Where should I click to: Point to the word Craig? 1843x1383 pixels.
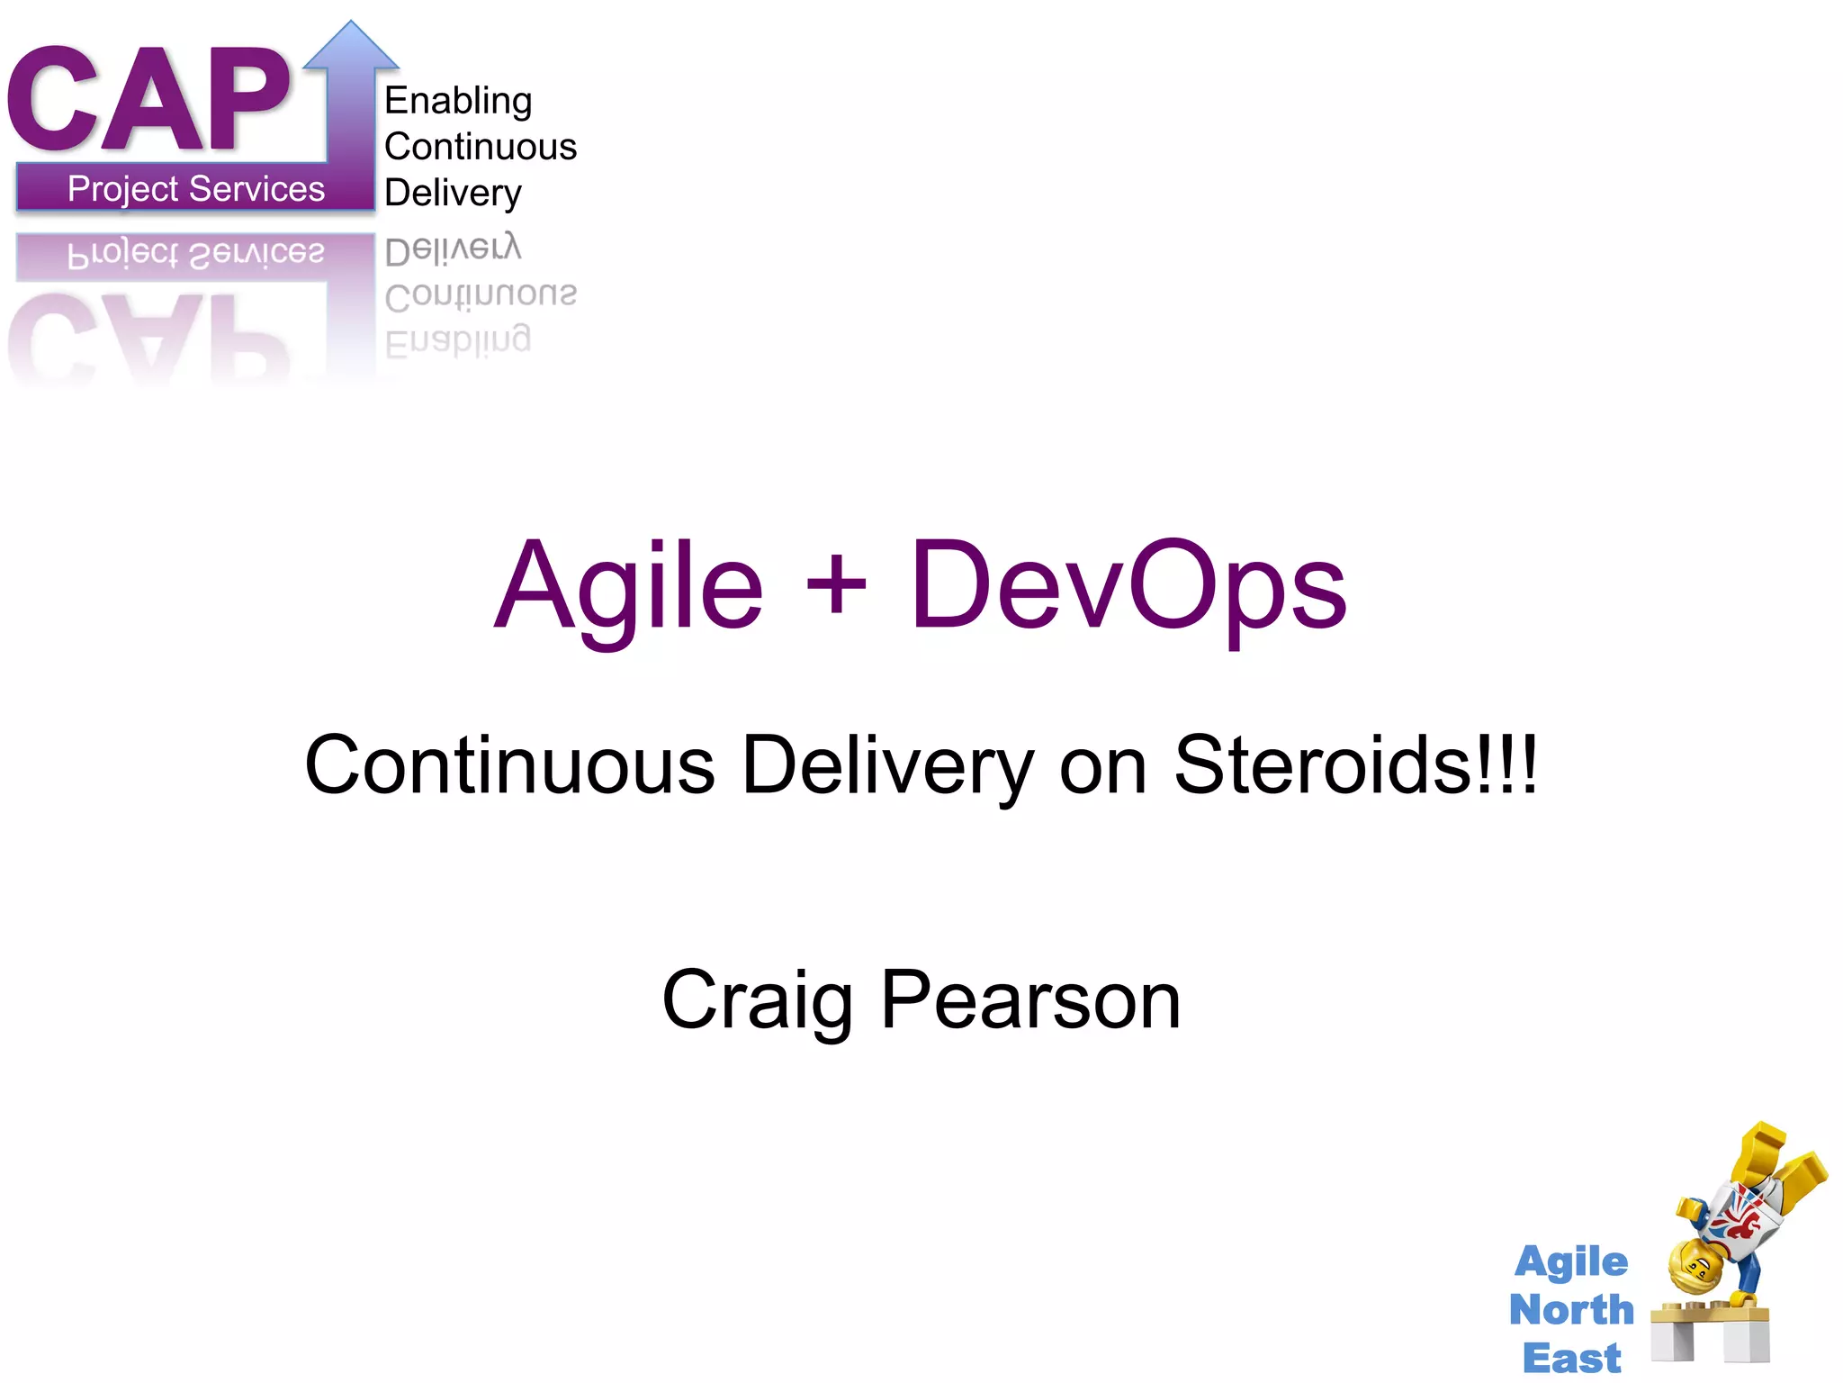pyautogui.click(x=757, y=1001)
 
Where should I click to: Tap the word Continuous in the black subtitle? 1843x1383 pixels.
pyautogui.click(x=509, y=765)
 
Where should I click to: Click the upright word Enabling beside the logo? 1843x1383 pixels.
pyautogui.click(x=458, y=101)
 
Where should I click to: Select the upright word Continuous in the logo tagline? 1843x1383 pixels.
pyautogui.click(x=481, y=147)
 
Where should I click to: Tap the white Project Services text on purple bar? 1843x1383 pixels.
pyautogui.click(x=196, y=189)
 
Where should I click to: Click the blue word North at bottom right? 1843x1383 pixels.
pyautogui.click(x=1571, y=1309)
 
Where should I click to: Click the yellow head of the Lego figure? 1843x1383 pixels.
pyautogui.click(x=1695, y=1265)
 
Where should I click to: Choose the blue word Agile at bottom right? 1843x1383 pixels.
pyautogui.click(x=1571, y=1262)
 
